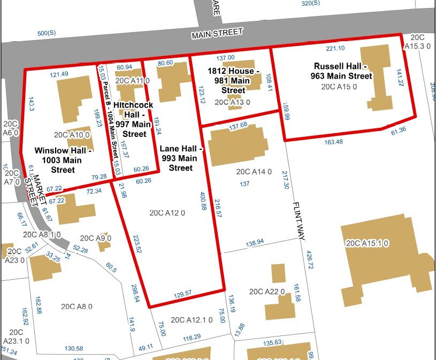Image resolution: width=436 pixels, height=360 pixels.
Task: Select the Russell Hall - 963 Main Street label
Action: [343, 71]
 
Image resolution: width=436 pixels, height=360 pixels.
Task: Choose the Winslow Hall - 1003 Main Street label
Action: [63, 160]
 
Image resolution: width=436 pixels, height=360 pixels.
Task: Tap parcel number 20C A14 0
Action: [254, 172]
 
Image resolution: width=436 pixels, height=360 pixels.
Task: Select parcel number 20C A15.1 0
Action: [367, 243]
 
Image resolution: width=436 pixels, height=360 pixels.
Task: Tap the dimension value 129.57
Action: [187, 294]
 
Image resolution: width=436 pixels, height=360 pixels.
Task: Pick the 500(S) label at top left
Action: [47, 34]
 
